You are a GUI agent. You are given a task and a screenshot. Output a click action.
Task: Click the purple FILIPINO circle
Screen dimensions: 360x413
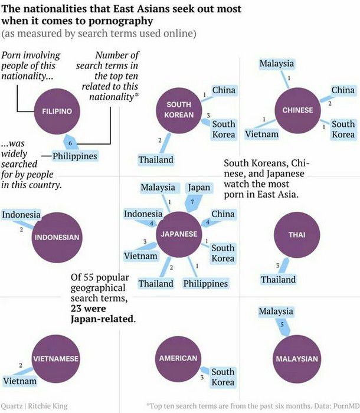(57, 112)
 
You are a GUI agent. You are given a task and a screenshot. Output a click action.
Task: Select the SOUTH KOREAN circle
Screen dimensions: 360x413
(179, 110)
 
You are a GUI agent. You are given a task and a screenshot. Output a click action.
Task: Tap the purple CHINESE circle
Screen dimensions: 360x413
(297, 110)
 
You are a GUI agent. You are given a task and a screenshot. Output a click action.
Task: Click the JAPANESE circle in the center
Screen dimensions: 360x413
(179, 234)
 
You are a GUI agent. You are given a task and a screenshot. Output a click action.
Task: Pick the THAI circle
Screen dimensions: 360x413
(297, 235)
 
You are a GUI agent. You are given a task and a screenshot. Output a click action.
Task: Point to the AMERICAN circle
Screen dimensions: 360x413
(178, 359)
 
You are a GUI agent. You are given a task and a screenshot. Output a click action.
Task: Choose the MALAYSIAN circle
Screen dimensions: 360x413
(297, 359)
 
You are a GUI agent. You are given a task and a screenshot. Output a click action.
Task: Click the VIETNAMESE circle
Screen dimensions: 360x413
(56, 359)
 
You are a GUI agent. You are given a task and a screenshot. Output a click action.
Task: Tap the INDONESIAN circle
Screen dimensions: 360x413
(57, 237)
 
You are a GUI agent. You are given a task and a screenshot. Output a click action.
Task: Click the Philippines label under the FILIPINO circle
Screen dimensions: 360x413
(75, 156)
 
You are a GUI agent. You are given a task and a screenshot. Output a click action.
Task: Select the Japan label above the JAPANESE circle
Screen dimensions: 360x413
(199, 188)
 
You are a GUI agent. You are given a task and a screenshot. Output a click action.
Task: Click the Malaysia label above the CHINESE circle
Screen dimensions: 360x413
(276, 64)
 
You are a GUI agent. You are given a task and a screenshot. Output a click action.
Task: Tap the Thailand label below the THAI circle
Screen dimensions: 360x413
(279, 280)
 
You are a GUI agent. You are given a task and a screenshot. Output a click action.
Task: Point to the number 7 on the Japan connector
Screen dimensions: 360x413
(192, 202)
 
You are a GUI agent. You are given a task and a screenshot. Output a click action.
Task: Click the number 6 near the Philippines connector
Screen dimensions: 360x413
(70, 143)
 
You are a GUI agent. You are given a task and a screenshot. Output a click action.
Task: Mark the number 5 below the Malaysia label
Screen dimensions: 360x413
(282, 324)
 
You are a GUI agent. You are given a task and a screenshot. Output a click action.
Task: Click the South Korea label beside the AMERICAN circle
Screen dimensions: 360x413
(223, 377)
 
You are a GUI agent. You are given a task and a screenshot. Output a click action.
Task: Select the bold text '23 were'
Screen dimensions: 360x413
(89, 309)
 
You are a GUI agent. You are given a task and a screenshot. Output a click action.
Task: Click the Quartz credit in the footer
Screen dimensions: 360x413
(11, 406)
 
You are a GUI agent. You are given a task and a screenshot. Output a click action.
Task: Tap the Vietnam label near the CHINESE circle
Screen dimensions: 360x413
(261, 134)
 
